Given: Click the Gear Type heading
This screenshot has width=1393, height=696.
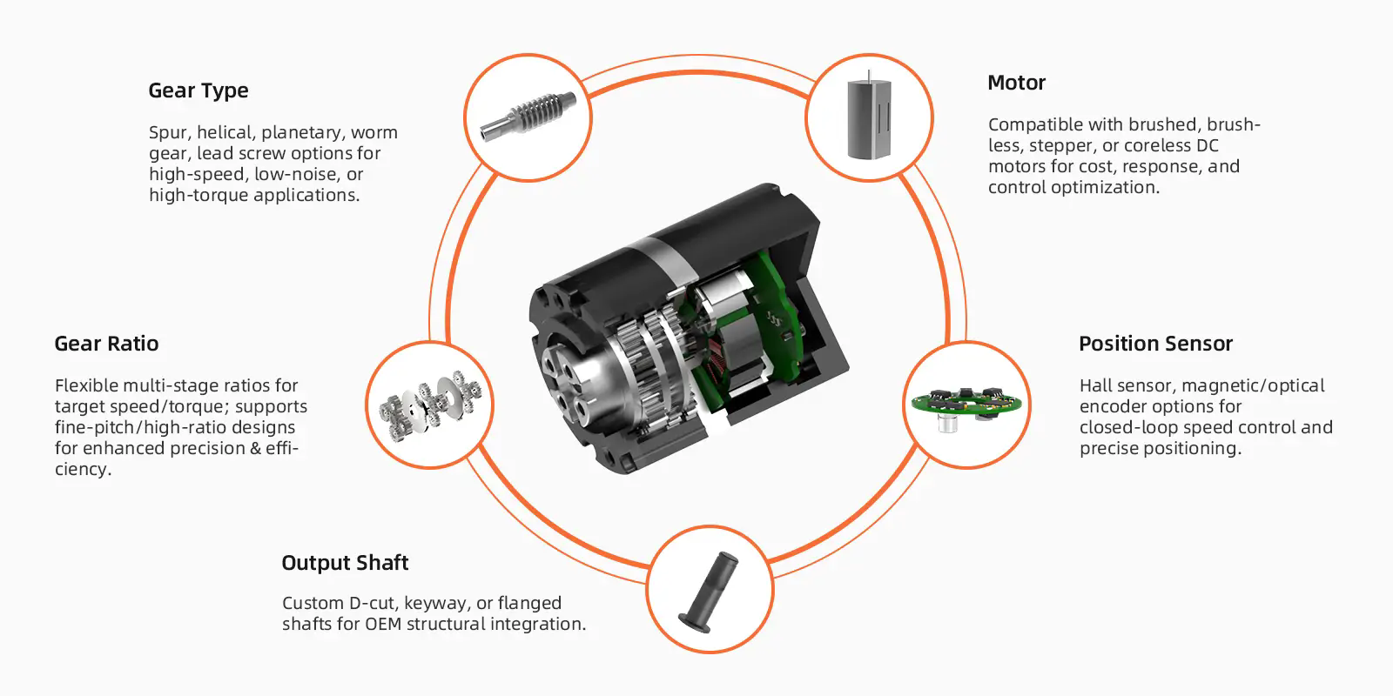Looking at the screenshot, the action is pyautogui.click(x=199, y=90).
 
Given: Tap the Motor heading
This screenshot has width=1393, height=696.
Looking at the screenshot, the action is pyautogui.click(x=1016, y=83).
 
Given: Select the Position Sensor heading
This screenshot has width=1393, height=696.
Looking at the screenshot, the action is pyautogui.click(x=1155, y=344).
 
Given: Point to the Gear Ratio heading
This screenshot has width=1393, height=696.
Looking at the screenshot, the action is pyautogui.click(x=106, y=344).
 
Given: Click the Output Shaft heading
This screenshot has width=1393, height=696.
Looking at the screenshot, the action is pyautogui.click(x=345, y=562).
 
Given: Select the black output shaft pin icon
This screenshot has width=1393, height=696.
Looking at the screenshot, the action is pyautogui.click(x=709, y=592).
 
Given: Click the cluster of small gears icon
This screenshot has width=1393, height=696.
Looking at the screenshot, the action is pyautogui.click(x=430, y=405).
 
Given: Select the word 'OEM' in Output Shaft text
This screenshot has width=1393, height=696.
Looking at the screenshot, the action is pyautogui.click(x=383, y=624).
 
